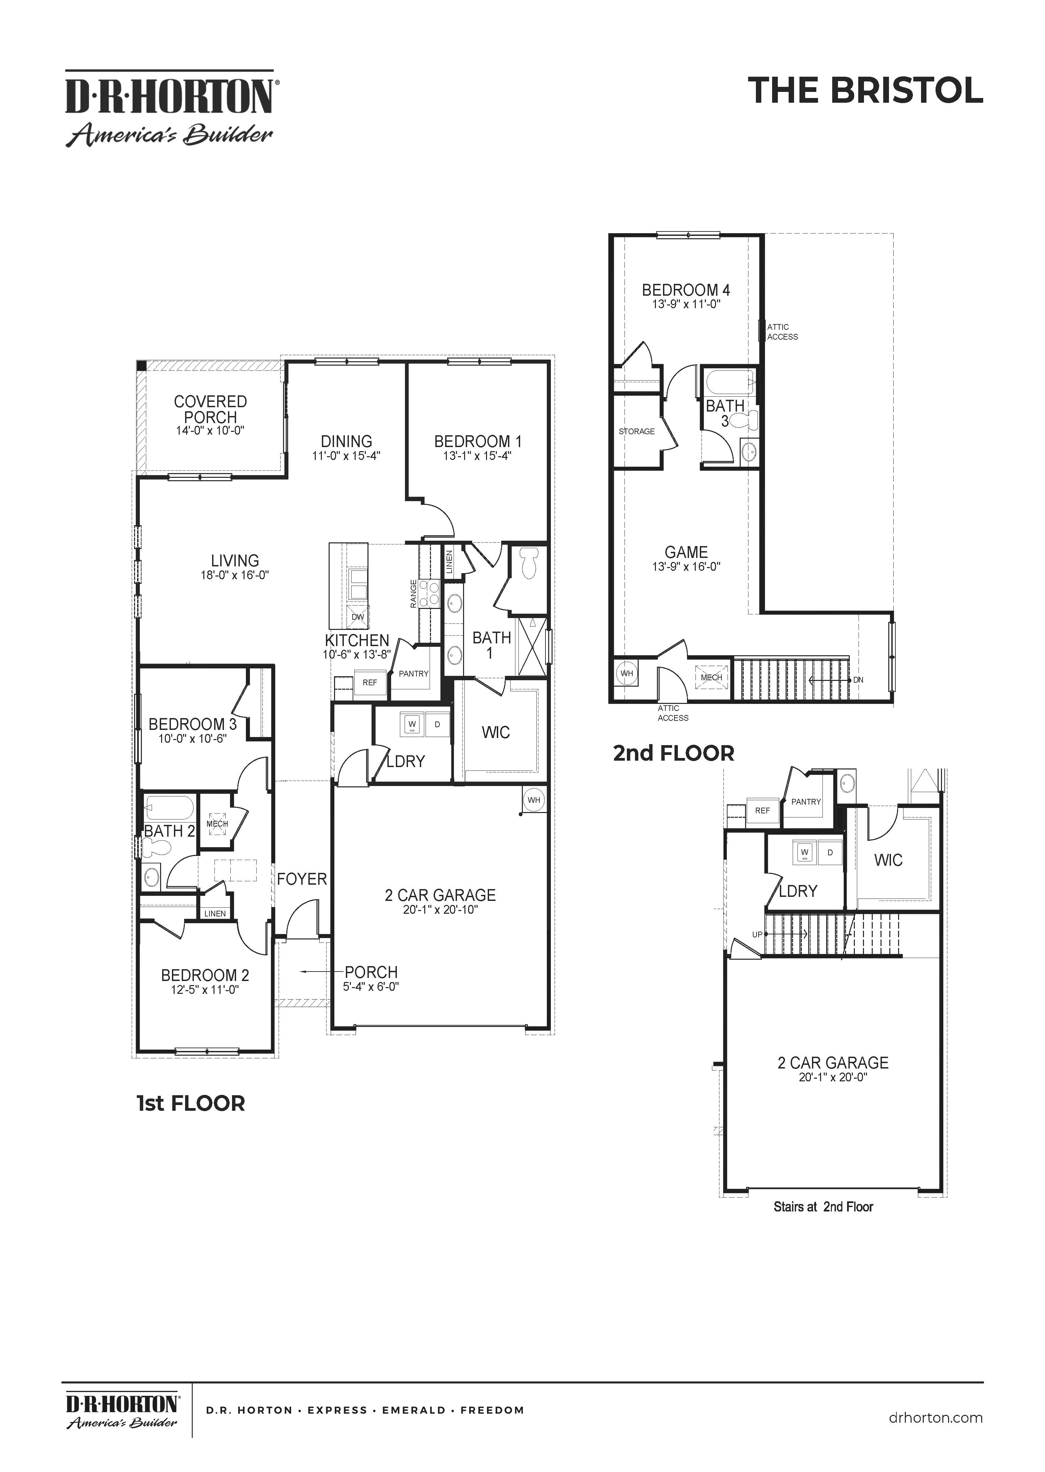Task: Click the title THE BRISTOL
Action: pos(865,91)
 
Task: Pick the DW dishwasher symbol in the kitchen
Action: pos(358,617)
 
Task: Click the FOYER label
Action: pos(302,879)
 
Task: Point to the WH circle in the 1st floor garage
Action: pos(533,800)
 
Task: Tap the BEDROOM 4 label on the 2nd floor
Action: pos(686,290)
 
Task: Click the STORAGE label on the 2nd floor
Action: pos(636,431)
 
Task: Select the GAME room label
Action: pos(686,552)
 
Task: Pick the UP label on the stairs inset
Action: pos(757,935)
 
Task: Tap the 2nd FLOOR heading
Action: pos(673,753)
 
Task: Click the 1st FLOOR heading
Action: pos(190,1103)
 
